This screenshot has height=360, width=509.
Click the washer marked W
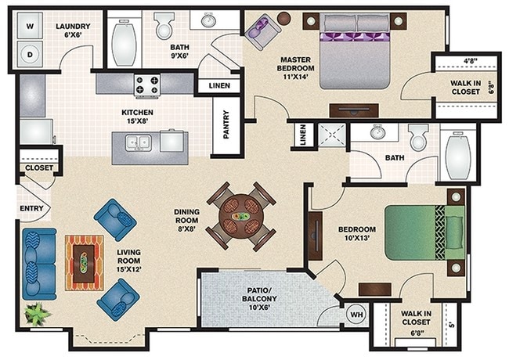coord(30,26)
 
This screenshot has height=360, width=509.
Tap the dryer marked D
coord(30,54)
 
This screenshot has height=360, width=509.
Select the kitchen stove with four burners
coord(147,85)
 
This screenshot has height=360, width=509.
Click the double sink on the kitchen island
coord(139,142)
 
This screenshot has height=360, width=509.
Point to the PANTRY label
coord(226,125)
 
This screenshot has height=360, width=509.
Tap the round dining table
coord(241,216)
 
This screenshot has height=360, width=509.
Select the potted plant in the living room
coord(38,314)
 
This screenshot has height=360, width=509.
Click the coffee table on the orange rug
coord(84,264)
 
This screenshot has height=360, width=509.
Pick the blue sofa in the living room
coord(39,264)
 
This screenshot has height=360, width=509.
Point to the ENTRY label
coord(31,208)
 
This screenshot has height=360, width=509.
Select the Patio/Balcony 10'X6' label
coord(259,298)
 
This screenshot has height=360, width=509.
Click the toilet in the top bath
coord(164,26)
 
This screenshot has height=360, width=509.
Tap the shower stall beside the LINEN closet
coord(330,135)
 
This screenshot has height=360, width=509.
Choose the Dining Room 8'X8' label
coord(186,220)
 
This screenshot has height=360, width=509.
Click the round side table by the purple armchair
coord(284,17)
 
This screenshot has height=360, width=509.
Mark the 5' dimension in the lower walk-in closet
coord(450,325)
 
